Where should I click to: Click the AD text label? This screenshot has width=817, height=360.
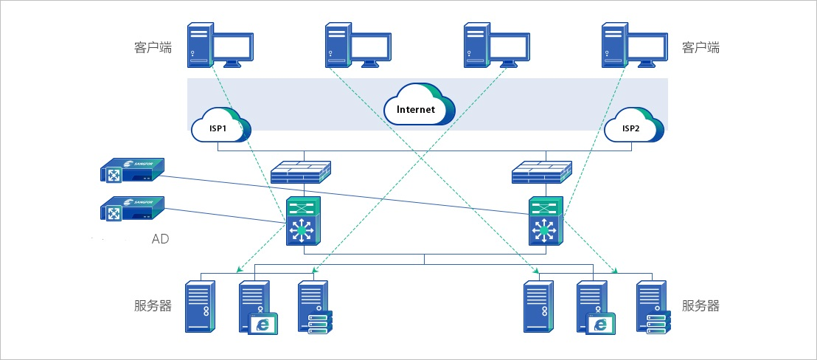tap(161, 239)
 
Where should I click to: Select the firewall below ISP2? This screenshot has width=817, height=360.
tap(542, 173)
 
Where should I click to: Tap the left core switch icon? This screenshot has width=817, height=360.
tap(302, 223)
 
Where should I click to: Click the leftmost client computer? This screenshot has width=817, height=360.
tap(219, 45)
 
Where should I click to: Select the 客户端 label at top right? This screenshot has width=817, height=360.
tap(700, 48)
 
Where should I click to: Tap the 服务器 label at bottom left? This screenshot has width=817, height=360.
tap(153, 305)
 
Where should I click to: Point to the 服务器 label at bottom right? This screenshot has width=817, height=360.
tap(700, 305)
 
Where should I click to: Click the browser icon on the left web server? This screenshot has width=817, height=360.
tap(263, 325)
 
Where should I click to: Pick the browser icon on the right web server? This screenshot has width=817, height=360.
tap(600, 325)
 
